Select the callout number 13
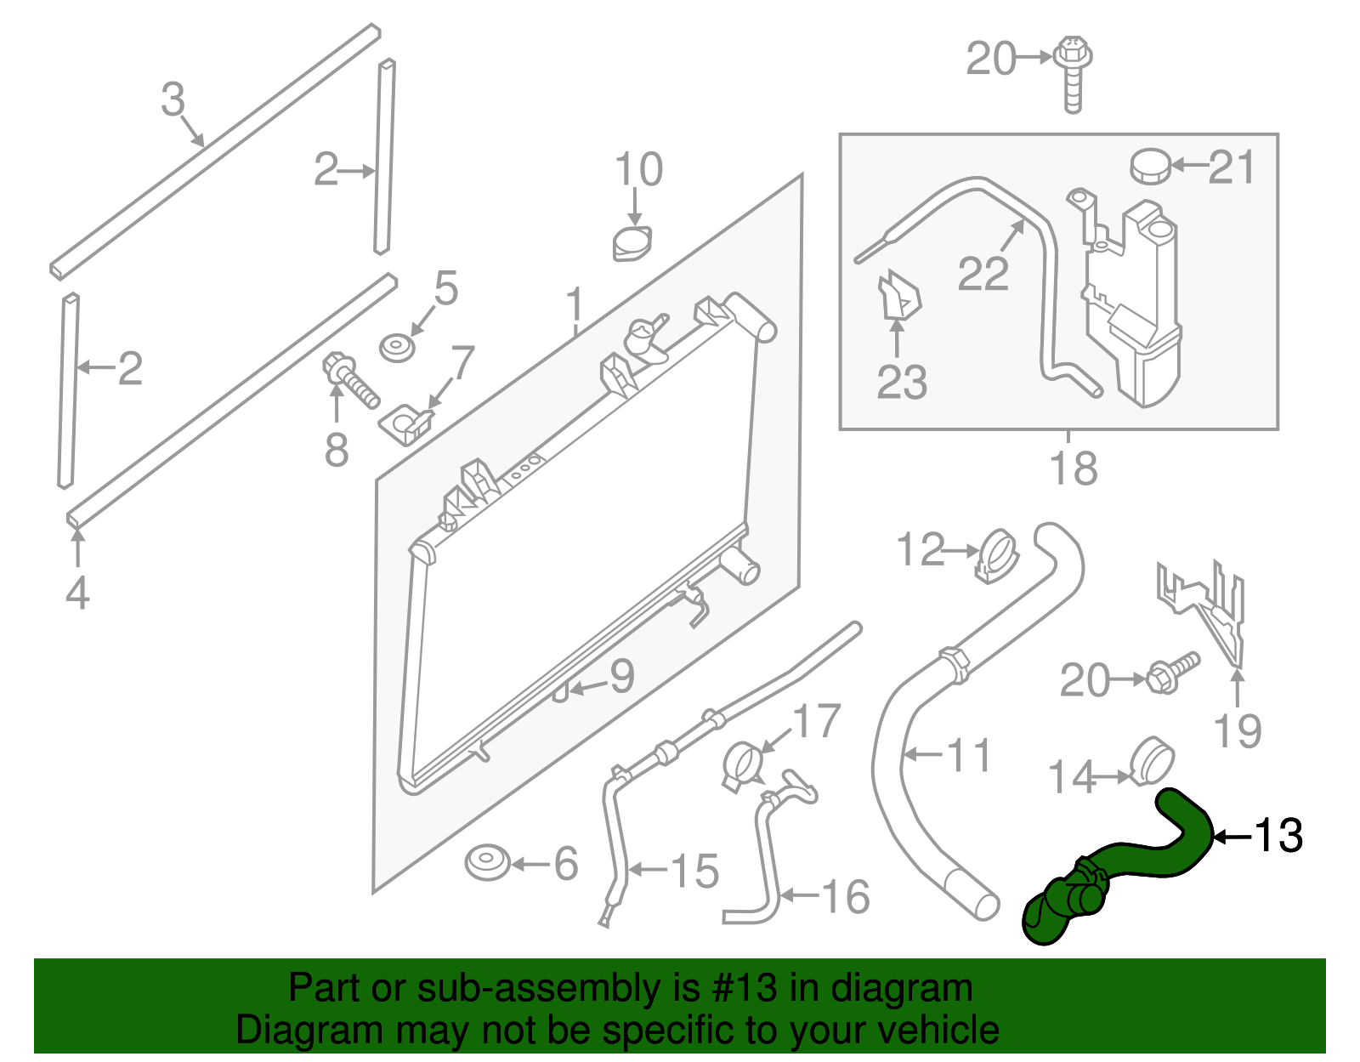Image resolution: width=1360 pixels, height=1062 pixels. point(1278,836)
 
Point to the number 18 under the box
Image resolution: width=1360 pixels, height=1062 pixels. point(1074,469)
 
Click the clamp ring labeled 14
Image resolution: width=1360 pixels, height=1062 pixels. point(1154,761)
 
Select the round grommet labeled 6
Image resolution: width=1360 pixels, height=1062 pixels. point(488,863)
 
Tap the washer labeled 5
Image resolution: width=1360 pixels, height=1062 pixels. point(396,348)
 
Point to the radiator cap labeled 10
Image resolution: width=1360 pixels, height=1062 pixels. point(632,244)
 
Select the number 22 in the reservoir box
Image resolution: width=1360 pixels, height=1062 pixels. point(983,274)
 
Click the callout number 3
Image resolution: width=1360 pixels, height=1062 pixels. point(173,100)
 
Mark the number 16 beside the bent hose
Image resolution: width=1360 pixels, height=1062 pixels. point(846,897)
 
